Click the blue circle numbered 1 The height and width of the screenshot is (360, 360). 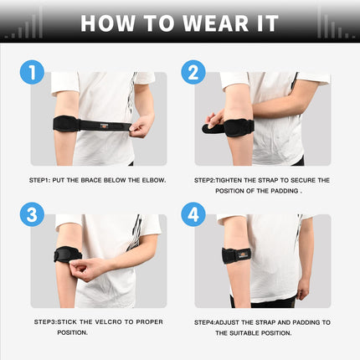point(33,74)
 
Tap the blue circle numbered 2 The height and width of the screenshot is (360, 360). point(193,74)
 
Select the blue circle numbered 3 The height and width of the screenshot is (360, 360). point(33,215)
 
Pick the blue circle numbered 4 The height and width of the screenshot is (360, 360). point(193,215)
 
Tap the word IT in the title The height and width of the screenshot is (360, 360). point(265,22)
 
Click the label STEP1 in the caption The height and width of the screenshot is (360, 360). point(40,179)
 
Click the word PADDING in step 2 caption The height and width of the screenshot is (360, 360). point(269,190)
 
